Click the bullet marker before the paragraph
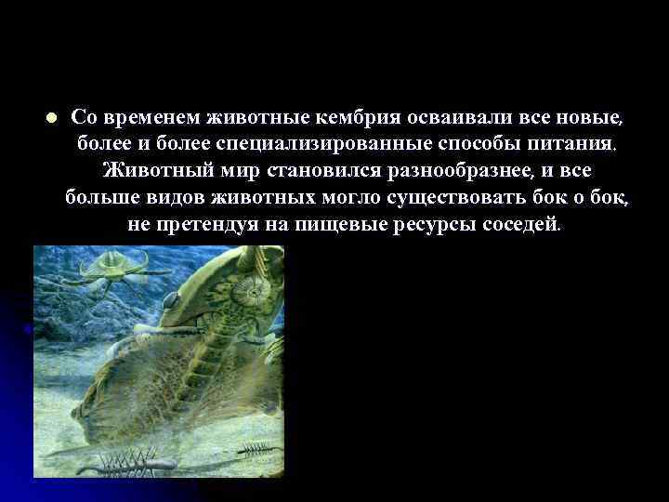tap(51, 118)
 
